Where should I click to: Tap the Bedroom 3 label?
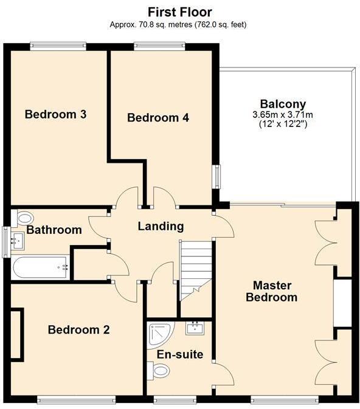coord(55,114)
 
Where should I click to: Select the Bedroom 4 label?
coord(158,117)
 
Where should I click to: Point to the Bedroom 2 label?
coord(79,330)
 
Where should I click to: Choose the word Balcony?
coord(283,103)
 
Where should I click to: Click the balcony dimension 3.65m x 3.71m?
coord(283,114)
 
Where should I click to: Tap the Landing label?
coord(161,227)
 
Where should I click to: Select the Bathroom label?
coord(54,230)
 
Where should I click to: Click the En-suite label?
coord(180,354)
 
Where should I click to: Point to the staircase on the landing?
coord(195,270)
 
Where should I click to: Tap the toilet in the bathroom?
coord(24,218)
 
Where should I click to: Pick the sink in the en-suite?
coord(196,329)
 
